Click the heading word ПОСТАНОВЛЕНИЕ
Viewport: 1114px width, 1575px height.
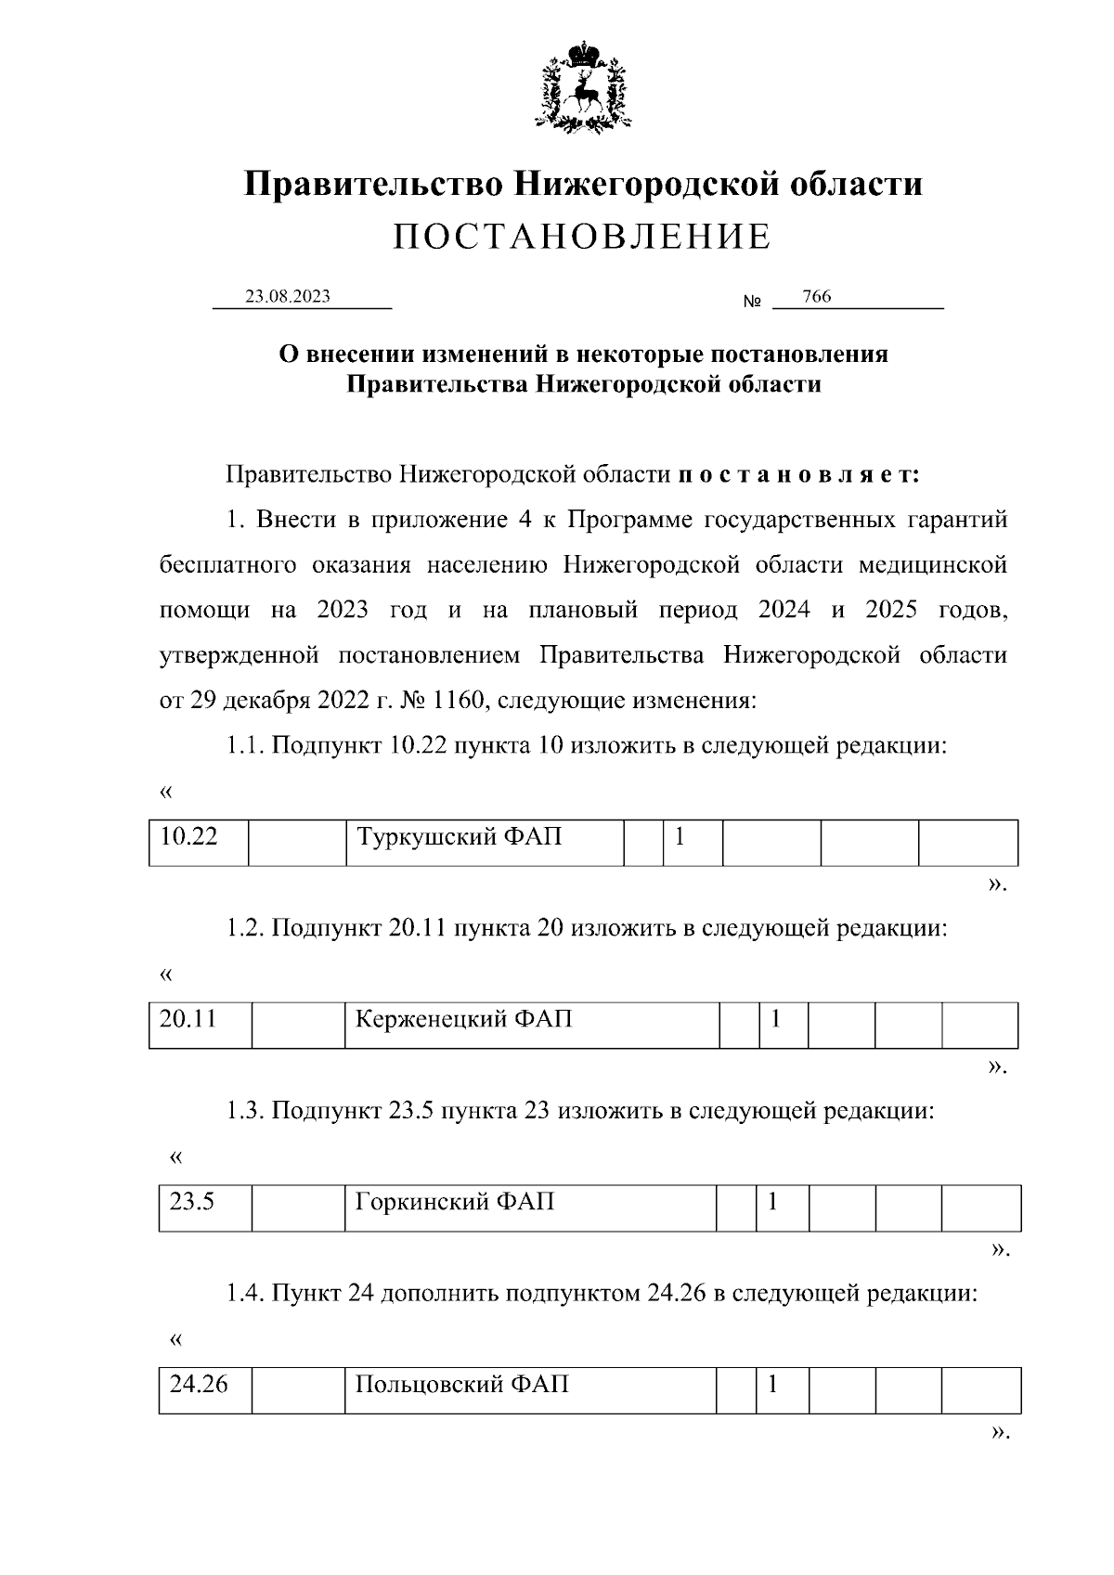click(x=582, y=238)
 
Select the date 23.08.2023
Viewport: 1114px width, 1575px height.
click(x=287, y=297)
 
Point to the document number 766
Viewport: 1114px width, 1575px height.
click(x=816, y=297)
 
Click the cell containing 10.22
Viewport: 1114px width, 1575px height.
click(x=198, y=841)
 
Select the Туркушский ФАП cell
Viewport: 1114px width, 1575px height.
click(x=484, y=841)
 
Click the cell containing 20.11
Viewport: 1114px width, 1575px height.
click(x=200, y=1024)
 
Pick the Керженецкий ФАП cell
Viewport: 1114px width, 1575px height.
click(x=531, y=1024)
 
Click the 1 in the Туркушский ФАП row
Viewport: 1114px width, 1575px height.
click(x=680, y=839)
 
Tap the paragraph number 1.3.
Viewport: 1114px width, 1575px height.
click(x=245, y=1111)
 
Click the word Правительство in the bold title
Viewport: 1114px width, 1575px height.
click(x=373, y=185)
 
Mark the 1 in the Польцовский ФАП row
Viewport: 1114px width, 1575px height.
click(x=771, y=1387)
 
